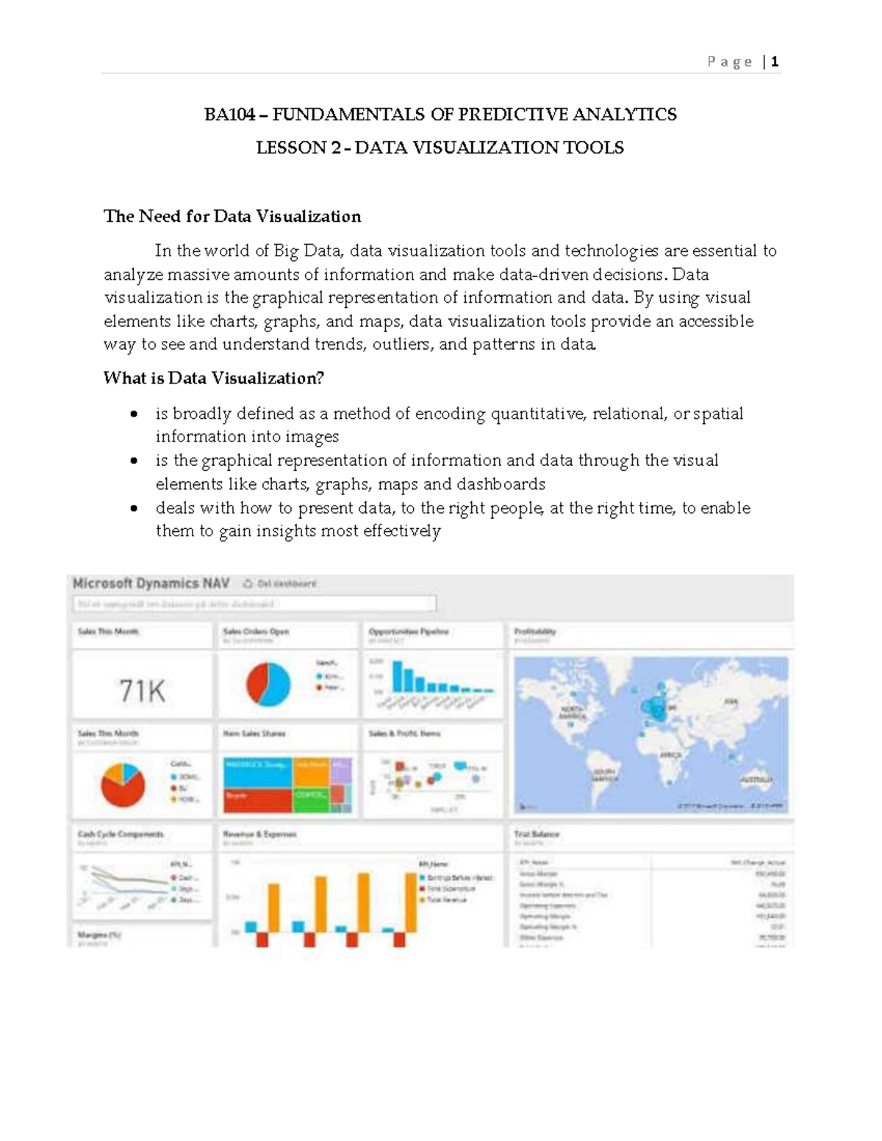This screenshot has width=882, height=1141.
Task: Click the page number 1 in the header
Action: tap(775, 62)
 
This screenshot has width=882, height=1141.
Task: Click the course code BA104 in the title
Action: tap(230, 115)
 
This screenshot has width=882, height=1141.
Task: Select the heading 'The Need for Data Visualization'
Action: tap(232, 216)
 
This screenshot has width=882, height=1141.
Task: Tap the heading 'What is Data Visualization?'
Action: tap(213, 378)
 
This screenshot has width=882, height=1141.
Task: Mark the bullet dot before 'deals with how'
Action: tap(134, 508)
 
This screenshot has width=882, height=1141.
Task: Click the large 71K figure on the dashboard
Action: tap(142, 691)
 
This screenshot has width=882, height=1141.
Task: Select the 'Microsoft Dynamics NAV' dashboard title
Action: tap(151, 583)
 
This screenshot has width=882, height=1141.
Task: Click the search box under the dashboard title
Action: tap(254, 604)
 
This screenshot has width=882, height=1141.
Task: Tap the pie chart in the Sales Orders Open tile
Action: tap(268, 684)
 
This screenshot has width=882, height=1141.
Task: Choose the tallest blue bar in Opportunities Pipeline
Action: tap(398, 676)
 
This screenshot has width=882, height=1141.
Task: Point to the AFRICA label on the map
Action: tap(670, 755)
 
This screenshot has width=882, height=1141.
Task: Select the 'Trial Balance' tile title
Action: tap(537, 835)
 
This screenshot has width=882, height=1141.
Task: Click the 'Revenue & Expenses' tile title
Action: tap(259, 835)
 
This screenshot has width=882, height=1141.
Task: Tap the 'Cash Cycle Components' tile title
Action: tap(121, 835)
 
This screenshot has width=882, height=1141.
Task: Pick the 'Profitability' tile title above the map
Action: tap(535, 631)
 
